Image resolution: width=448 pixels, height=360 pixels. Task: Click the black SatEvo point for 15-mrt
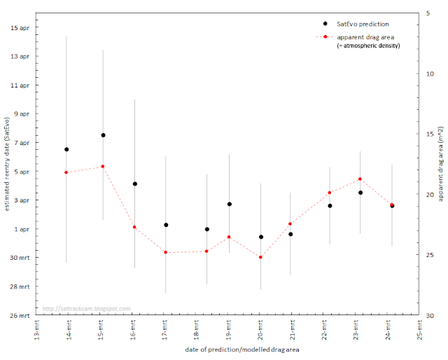[103, 135]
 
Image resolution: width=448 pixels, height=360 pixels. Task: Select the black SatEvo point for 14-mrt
[66, 149]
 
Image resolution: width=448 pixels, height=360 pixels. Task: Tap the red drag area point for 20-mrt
[260, 257]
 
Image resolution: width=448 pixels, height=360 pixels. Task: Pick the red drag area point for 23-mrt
[359, 179]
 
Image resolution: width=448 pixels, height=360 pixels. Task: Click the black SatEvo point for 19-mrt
[229, 204]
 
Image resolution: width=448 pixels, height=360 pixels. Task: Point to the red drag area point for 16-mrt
[134, 227]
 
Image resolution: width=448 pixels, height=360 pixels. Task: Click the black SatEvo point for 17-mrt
[166, 225]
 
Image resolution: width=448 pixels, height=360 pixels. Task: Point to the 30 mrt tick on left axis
[21, 258]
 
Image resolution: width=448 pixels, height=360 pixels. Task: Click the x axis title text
[228, 349]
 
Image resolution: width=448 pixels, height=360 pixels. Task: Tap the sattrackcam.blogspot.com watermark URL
[86, 308]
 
